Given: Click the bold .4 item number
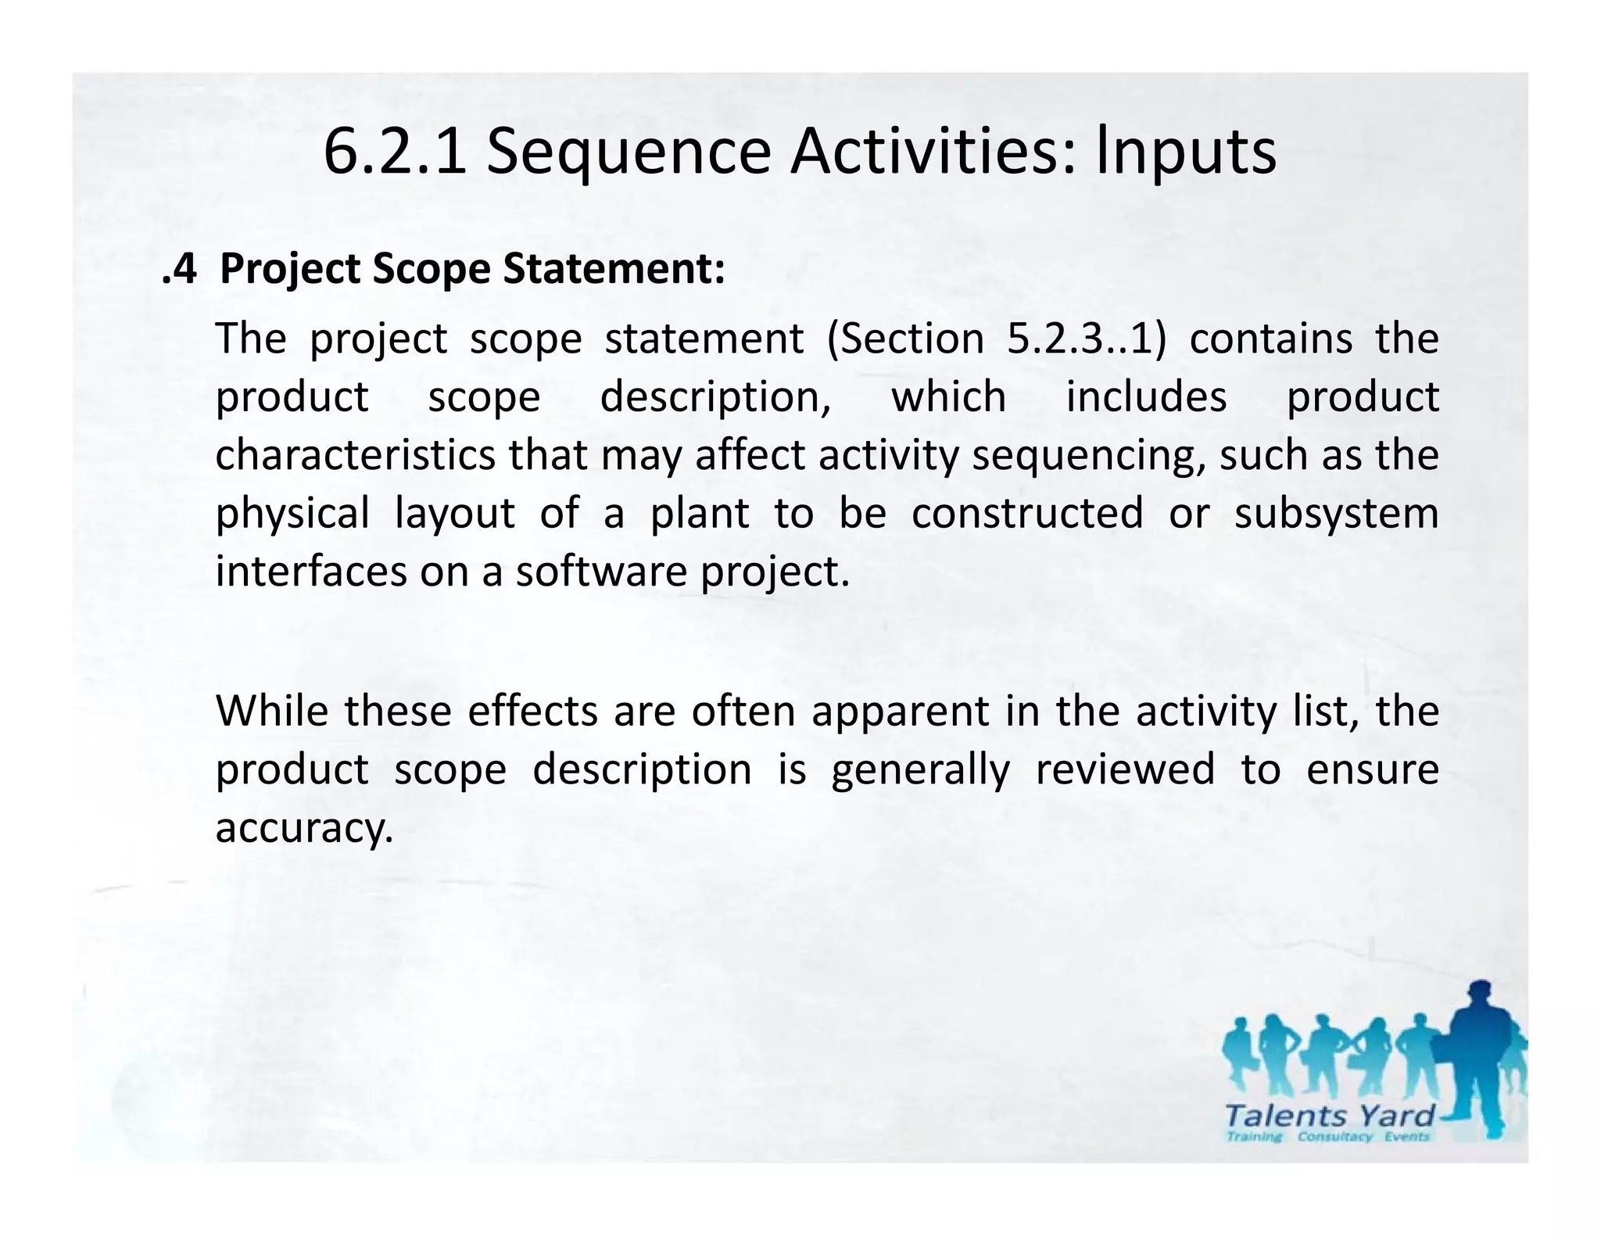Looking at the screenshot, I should [x=179, y=269].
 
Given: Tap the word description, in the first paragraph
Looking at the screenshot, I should [x=715, y=396].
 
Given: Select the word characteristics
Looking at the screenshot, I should [x=355, y=454].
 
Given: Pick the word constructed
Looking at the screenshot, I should [x=1027, y=513].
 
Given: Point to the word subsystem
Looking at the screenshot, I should [x=1336, y=515].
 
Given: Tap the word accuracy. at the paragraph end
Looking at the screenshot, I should [x=304, y=828].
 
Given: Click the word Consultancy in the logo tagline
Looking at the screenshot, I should [x=1335, y=1137].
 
